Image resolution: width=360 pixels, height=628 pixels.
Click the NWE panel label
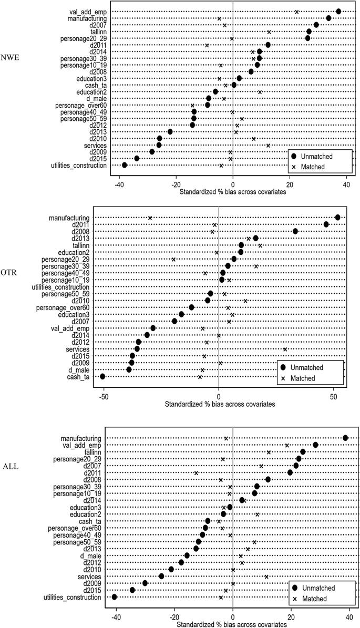point(11,58)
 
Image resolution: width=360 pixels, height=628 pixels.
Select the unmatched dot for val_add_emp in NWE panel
point(338,12)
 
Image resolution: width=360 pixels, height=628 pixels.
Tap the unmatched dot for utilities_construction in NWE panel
point(125,165)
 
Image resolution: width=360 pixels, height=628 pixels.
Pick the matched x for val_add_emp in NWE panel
point(296,12)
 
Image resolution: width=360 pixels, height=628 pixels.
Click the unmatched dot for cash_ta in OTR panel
point(102,376)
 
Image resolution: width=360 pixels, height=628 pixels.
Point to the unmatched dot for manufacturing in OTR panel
point(337,218)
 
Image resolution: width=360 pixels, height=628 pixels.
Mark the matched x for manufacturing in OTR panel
point(150,218)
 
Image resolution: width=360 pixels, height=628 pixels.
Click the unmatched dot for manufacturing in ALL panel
point(345,438)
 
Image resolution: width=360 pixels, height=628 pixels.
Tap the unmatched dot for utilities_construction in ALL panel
point(115,597)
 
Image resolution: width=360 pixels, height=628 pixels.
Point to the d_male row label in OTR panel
point(77,369)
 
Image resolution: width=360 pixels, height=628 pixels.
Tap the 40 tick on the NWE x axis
point(346,184)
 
